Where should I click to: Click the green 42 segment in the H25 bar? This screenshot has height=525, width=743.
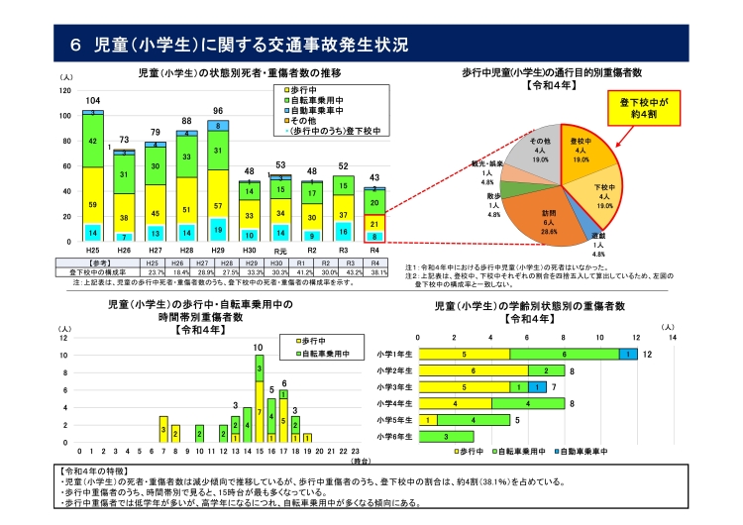point(93,142)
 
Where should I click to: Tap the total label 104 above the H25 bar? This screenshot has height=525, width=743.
point(93,102)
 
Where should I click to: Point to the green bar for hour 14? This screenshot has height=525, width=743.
point(246,423)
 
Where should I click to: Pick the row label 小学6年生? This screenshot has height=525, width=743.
point(394,437)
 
